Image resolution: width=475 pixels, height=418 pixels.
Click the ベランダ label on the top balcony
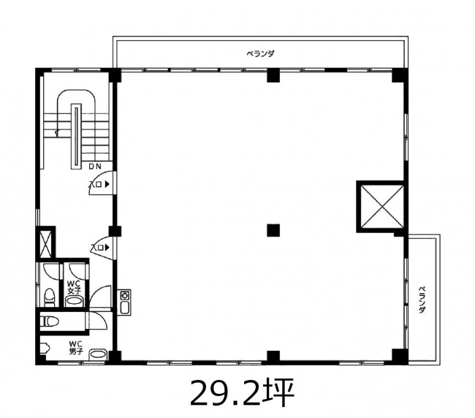pyautogui.click(x=260, y=54)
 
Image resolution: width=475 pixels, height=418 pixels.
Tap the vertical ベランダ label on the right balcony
pyautogui.click(x=422, y=300)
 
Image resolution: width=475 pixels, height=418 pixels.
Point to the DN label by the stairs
pyautogui.click(x=95, y=167)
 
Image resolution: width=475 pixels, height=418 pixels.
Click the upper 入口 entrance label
pyautogui.click(x=98, y=184)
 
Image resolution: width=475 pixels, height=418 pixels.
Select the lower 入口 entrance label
pyautogui.click(x=100, y=248)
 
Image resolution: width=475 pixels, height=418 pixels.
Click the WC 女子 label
pyautogui.click(x=74, y=287)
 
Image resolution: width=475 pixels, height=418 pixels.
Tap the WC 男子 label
pyautogui.click(x=76, y=348)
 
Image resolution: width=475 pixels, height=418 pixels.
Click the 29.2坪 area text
pyautogui.click(x=242, y=392)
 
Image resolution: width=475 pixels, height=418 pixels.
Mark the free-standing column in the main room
pyautogui.click(x=273, y=230)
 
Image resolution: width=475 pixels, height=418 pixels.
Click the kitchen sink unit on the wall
pyautogui.click(x=124, y=303)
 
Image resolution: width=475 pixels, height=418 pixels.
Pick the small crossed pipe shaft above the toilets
pyautogui.click(x=46, y=243)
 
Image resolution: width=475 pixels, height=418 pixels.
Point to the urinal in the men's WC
pyautogui.click(x=45, y=348)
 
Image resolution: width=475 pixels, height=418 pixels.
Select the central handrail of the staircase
pyautogui.click(x=76, y=136)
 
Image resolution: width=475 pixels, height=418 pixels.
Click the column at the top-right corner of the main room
pyautogui.click(x=400, y=75)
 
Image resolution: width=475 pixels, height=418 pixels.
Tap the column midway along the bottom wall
pyautogui.click(x=273, y=357)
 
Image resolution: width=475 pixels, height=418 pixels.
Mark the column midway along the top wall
pyautogui.click(x=273, y=76)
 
